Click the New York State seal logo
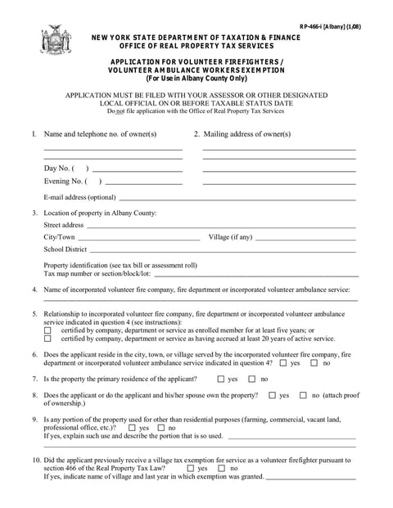tap(56, 40)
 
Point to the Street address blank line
tap(221, 225)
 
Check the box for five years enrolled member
tap(47, 330)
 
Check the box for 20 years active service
tap(47, 338)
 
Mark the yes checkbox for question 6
tap(283, 362)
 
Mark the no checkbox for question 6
tap(315, 362)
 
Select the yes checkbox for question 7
tap(221, 380)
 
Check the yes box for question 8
tap(272, 396)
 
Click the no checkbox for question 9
tap(161, 428)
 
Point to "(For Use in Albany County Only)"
tap(196, 79)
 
